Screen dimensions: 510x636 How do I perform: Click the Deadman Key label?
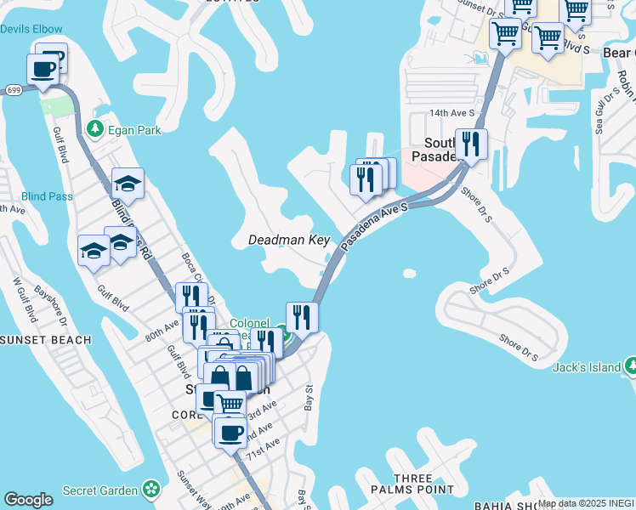[x=288, y=241]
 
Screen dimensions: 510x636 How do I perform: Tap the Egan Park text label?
[x=134, y=131]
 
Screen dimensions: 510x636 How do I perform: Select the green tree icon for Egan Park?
[x=94, y=129]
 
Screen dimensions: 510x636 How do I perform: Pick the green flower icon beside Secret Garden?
[x=151, y=490]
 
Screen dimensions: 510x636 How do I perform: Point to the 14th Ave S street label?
[x=450, y=113]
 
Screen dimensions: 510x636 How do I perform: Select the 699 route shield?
[x=13, y=88]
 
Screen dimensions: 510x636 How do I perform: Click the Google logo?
[x=28, y=500]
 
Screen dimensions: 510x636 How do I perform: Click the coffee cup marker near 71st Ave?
[x=230, y=433]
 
